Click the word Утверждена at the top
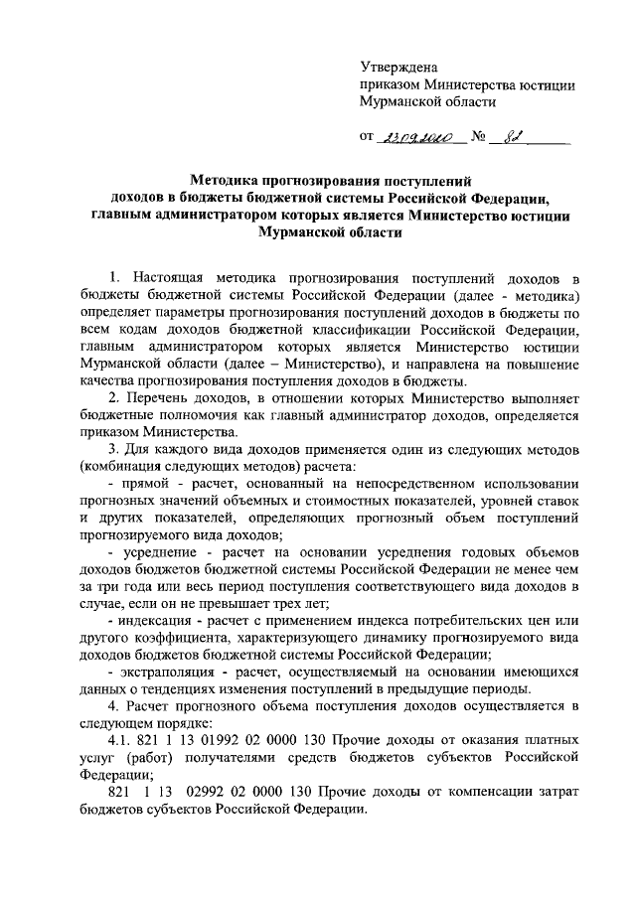(x=398, y=67)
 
